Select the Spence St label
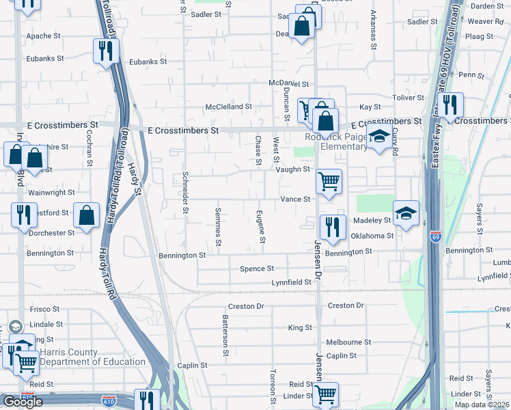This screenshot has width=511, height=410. pos(257,269)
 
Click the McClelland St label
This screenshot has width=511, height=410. pos(229,107)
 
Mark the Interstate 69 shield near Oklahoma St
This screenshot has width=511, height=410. pos(435,236)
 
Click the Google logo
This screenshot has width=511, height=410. pos(23,402)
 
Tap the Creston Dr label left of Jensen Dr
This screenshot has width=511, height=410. pos(246,307)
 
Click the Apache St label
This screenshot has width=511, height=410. pos(44,36)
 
